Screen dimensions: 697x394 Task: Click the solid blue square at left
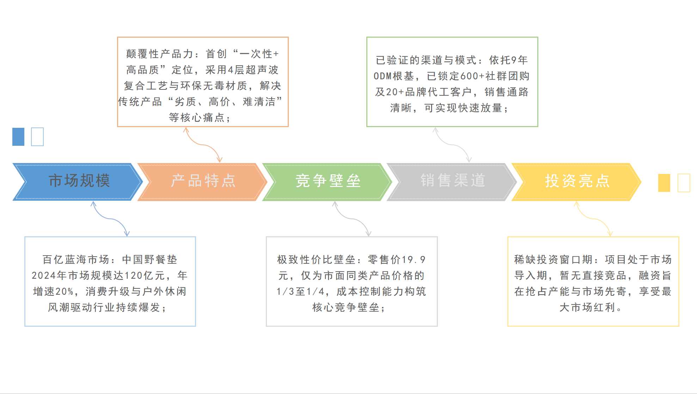18,137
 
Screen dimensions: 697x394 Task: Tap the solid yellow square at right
664,183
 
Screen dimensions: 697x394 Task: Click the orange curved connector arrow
202,144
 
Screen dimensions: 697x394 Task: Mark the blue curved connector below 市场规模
110,219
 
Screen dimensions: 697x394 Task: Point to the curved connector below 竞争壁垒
352,219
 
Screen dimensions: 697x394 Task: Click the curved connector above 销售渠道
452,144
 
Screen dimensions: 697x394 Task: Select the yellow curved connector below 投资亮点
594,219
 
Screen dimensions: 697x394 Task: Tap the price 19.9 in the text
414,260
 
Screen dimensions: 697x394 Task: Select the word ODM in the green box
383,76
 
